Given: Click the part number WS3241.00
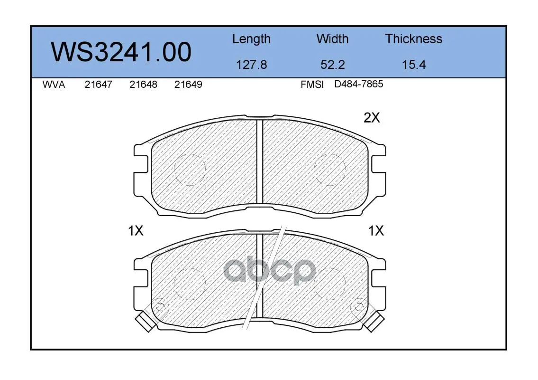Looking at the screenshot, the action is point(121,52).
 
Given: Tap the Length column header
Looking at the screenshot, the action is point(252,39).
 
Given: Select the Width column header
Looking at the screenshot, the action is point(332,39).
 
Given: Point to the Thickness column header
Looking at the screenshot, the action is point(413,39).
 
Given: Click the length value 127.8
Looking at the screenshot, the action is point(252,65).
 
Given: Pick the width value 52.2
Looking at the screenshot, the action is point(332,65).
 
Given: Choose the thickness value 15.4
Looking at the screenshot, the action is point(414,65).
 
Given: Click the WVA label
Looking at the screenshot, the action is point(54,85).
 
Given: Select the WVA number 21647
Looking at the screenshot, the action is point(99,85).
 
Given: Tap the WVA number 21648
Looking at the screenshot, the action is point(143,85).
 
